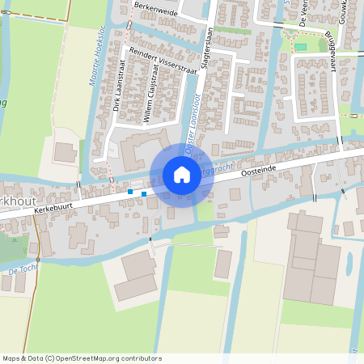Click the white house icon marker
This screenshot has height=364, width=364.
pyautogui.click(x=182, y=175)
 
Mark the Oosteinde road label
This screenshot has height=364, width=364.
pyautogui.click(x=259, y=167)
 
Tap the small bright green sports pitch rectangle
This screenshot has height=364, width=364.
pyautogui.click(x=301, y=47)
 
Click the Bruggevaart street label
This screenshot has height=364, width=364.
pyautogui.click(x=331, y=50)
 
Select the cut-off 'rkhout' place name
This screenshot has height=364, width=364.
pyautogui.click(x=14, y=199)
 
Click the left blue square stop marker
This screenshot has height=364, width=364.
pyautogui.click(x=129, y=193)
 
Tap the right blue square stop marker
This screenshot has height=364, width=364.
pyautogui.click(x=144, y=193)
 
